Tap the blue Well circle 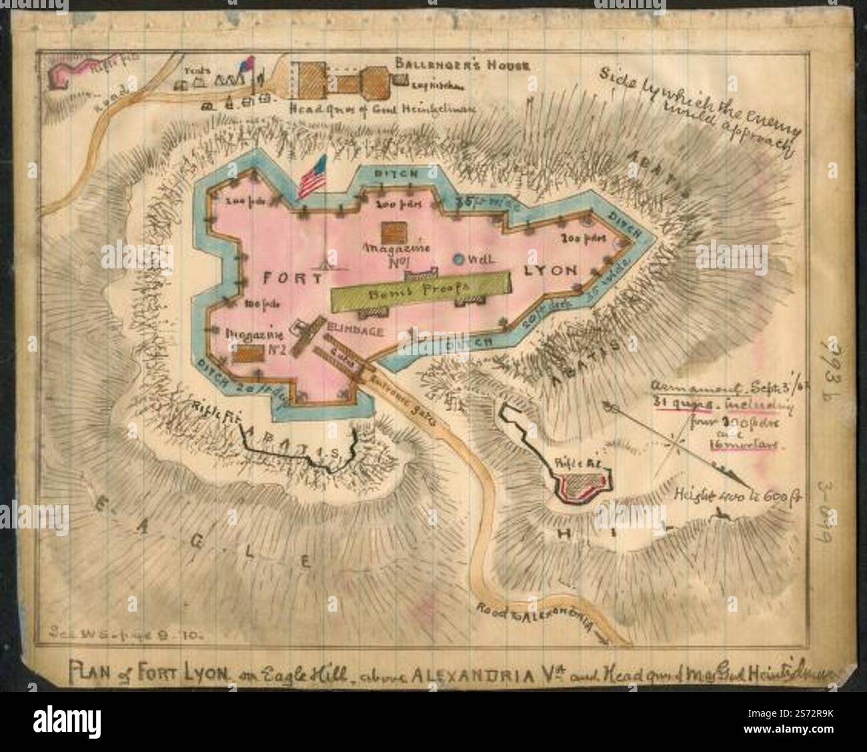coord(459,259)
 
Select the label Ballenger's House coord(461,65)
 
